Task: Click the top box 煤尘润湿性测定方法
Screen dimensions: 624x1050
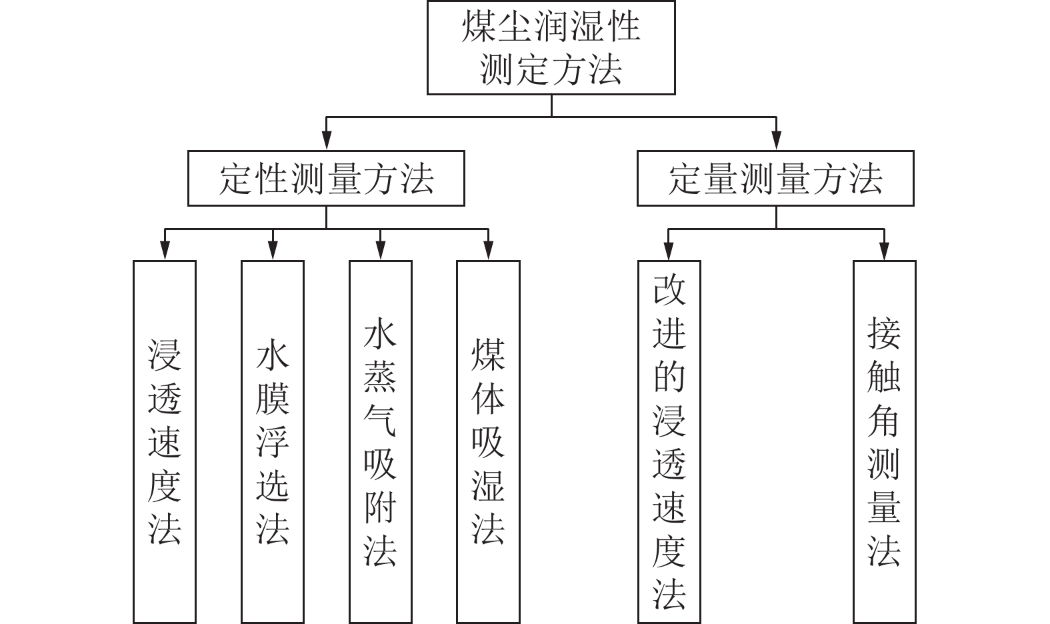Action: (x=551, y=47)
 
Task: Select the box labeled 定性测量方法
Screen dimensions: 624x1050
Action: (x=326, y=178)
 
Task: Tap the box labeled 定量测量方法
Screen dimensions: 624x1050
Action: (x=775, y=178)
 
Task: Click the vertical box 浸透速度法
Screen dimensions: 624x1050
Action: (x=165, y=441)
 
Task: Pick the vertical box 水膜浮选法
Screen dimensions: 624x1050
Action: (x=272, y=441)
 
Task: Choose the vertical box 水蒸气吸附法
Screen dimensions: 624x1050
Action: (x=380, y=441)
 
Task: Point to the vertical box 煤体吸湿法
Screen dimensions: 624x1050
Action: (x=488, y=441)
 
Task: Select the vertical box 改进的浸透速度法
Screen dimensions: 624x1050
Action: (x=669, y=441)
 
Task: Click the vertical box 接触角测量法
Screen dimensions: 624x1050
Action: (x=884, y=441)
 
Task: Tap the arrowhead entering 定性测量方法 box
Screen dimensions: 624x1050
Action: (x=326, y=141)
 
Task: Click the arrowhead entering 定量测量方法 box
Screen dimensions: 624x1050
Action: (x=775, y=141)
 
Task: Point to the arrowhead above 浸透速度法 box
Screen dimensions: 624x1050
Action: (x=165, y=251)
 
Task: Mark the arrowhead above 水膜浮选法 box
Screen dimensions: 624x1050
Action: (x=272, y=251)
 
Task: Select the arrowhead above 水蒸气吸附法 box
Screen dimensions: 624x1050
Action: (x=380, y=251)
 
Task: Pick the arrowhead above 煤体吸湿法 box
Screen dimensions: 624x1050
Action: (x=488, y=251)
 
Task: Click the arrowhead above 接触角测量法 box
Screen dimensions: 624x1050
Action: (x=884, y=251)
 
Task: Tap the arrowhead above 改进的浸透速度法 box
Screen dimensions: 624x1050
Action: (x=669, y=251)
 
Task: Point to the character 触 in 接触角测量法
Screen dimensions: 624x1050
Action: (x=884, y=377)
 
